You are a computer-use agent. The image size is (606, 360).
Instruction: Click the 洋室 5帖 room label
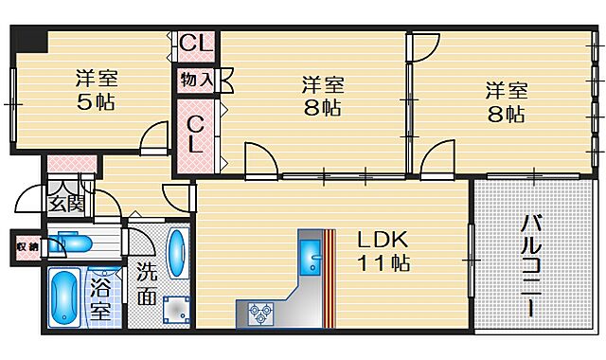click(x=96, y=91)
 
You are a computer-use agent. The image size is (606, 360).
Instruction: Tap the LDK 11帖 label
click(x=382, y=250)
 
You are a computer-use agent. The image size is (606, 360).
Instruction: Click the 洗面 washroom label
click(x=146, y=281)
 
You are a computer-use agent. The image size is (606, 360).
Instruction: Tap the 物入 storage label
click(x=196, y=80)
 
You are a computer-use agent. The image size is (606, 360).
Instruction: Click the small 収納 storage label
click(x=27, y=247)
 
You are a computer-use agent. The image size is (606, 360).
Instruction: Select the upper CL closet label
click(x=197, y=43)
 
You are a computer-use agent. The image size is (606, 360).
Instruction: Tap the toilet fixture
click(x=72, y=243)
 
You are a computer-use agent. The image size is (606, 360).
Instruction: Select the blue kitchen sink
click(x=310, y=252)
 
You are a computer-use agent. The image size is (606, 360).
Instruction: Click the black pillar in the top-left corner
click(x=34, y=42)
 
